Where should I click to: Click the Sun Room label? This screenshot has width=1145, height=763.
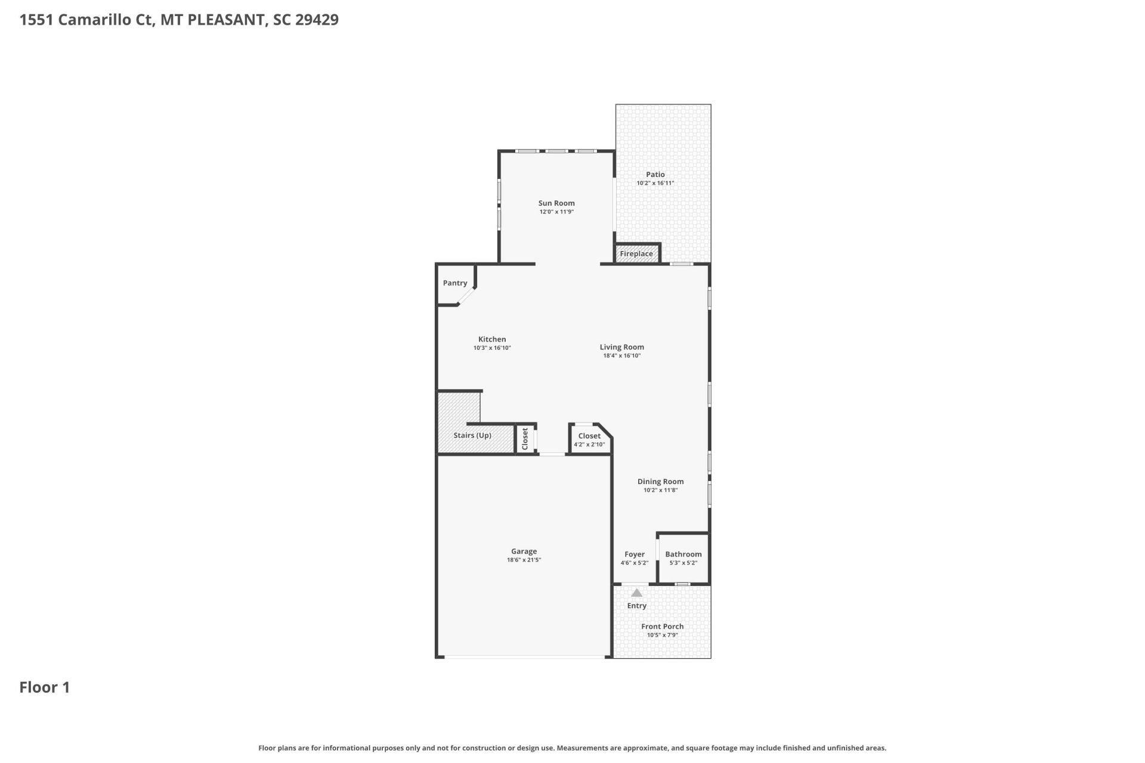[556, 203]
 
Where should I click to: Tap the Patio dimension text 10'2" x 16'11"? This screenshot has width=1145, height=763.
[655, 184]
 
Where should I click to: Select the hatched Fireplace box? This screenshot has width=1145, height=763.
[636, 253]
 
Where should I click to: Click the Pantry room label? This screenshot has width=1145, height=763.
[455, 283]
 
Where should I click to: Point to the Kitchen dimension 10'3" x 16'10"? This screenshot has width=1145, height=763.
[492, 348]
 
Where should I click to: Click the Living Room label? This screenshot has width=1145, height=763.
[621, 347]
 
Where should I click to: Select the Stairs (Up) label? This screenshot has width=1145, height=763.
[472, 435]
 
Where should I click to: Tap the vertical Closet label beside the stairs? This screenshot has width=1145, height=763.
[525, 439]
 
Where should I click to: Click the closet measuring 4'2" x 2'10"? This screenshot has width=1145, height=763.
[589, 440]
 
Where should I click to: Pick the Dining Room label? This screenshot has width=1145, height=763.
[660, 482]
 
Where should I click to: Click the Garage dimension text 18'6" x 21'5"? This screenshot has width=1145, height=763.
[524, 560]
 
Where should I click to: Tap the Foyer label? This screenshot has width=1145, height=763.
[634, 554]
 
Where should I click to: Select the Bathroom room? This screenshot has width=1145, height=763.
[683, 558]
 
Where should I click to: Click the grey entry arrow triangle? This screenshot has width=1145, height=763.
[636, 593]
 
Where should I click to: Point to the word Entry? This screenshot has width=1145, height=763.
[636, 606]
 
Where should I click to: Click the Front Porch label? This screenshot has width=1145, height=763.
[662, 626]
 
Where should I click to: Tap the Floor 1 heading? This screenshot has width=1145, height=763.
[45, 687]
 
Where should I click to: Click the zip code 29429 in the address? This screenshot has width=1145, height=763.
[317, 20]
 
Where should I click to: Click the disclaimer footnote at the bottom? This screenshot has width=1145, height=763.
[572, 748]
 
